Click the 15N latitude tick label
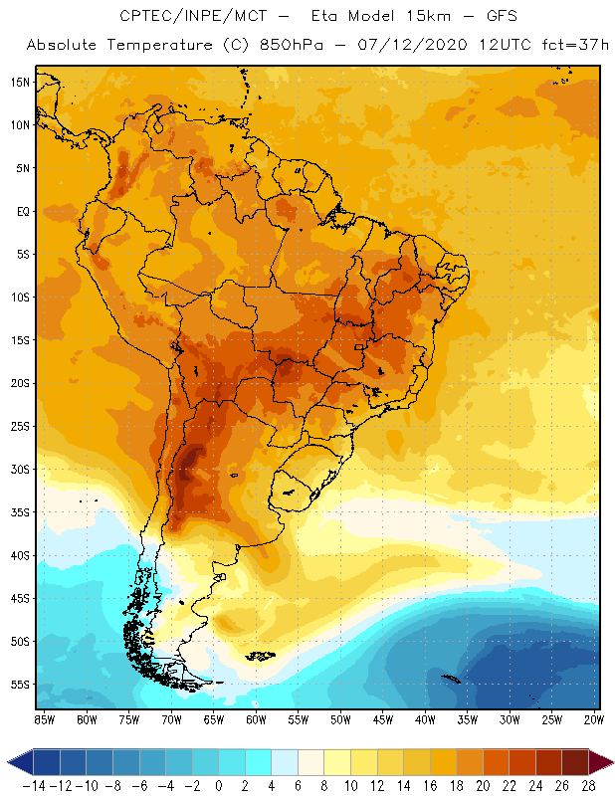tap(20, 82)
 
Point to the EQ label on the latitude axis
tap(22, 211)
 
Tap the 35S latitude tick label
tap(20, 512)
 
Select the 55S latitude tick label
tap(20, 685)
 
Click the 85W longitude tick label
tap(44, 718)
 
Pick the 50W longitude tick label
tap(341, 718)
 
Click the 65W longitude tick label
tap(214, 718)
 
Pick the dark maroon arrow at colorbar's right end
tap(603, 762)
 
